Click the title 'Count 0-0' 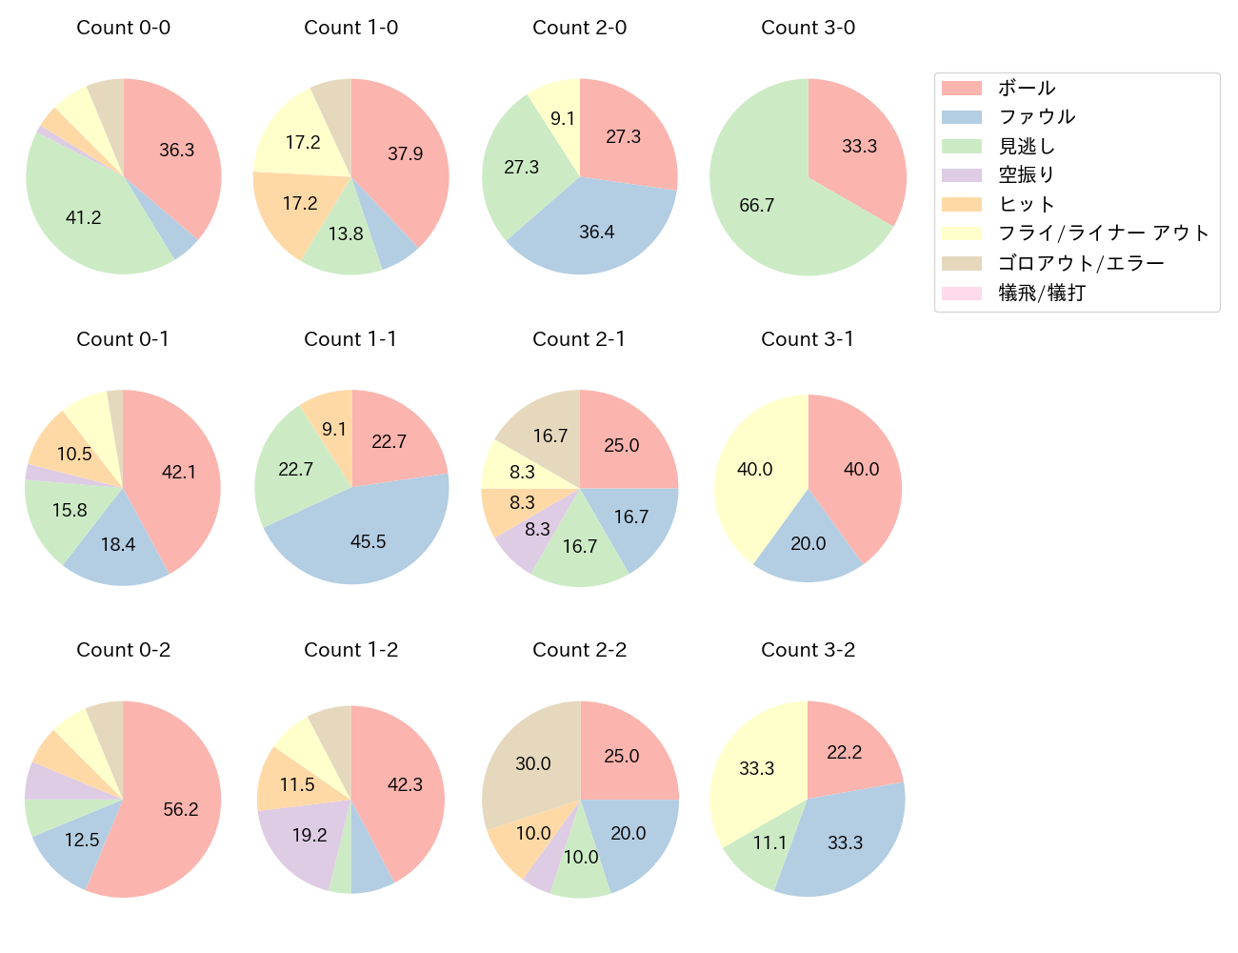click(x=124, y=28)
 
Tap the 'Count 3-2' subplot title click(x=808, y=650)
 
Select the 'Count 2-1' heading click(x=579, y=339)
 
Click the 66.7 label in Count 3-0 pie click(x=757, y=206)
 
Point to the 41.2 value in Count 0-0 click(x=84, y=218)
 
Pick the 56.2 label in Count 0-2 click(x=181, y=810)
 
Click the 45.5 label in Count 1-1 click(x=369, y=542)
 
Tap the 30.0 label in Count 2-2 click(x=533, y=764)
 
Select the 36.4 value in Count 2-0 click(x=597, y=233)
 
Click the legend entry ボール click(x=1027, y=88)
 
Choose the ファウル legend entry click(x=1037, y=117)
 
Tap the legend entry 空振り click(x=1027, y=175)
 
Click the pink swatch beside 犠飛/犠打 click(x=961, y=294)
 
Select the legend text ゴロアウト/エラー click(x=1081, y=264)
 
